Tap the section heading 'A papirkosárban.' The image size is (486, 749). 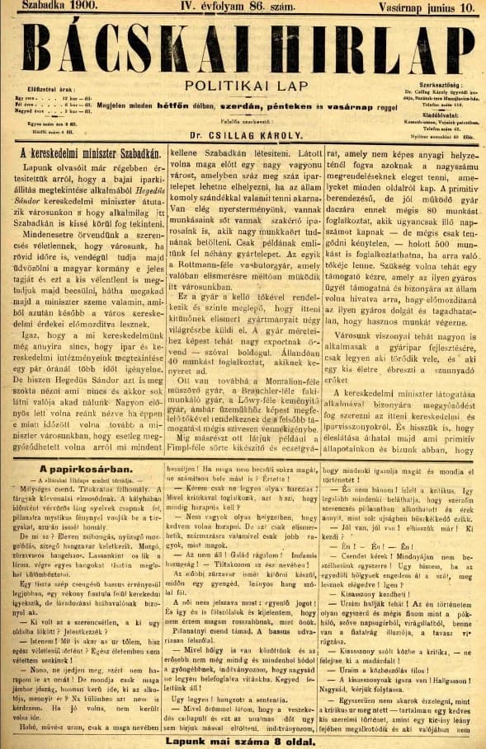click(x=90, y=469)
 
